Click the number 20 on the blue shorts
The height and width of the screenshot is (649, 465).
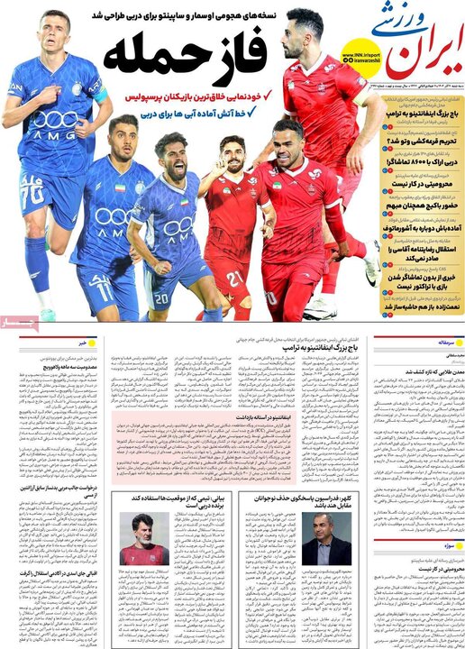click(161, 298)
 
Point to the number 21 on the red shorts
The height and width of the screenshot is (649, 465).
click(232, 279)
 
